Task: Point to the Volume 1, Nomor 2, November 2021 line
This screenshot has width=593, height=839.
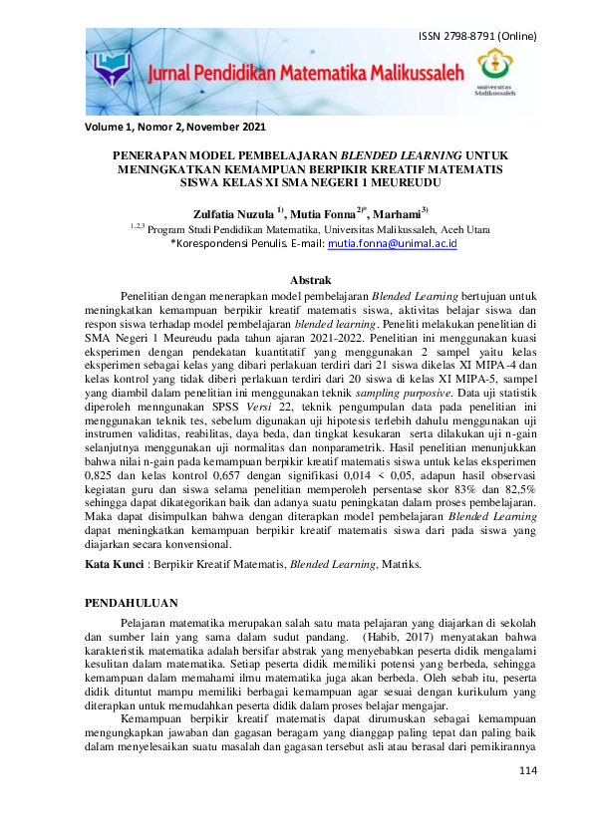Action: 175,127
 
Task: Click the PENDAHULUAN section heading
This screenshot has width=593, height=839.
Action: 132,603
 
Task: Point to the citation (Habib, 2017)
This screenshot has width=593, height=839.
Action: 392,636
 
